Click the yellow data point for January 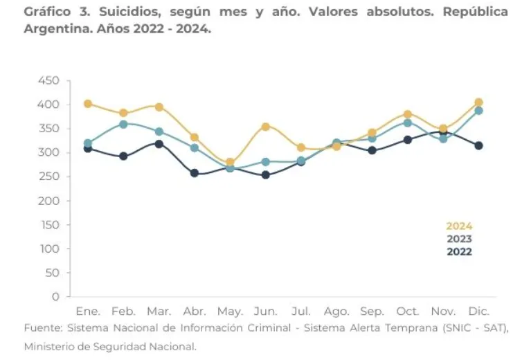(x=88, y=104)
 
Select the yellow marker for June (x=265, y=127)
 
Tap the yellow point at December (x=478, y=102)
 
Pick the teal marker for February (x=123, y=124)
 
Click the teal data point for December (x=478, y=111)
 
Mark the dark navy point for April (x=195, y=173)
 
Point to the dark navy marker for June (x=265, y=175)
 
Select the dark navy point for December (x=478, y=145)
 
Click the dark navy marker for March (x=159, y=144)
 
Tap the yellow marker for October (x=408, y=114)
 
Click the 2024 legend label (x=459, y=226)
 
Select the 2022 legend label (x=459, y=252)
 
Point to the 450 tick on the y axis (x=49, y=80)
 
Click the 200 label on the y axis (x=49, y=201)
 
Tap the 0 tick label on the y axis (x=56, y=297)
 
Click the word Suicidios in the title (x=121, y=12)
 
